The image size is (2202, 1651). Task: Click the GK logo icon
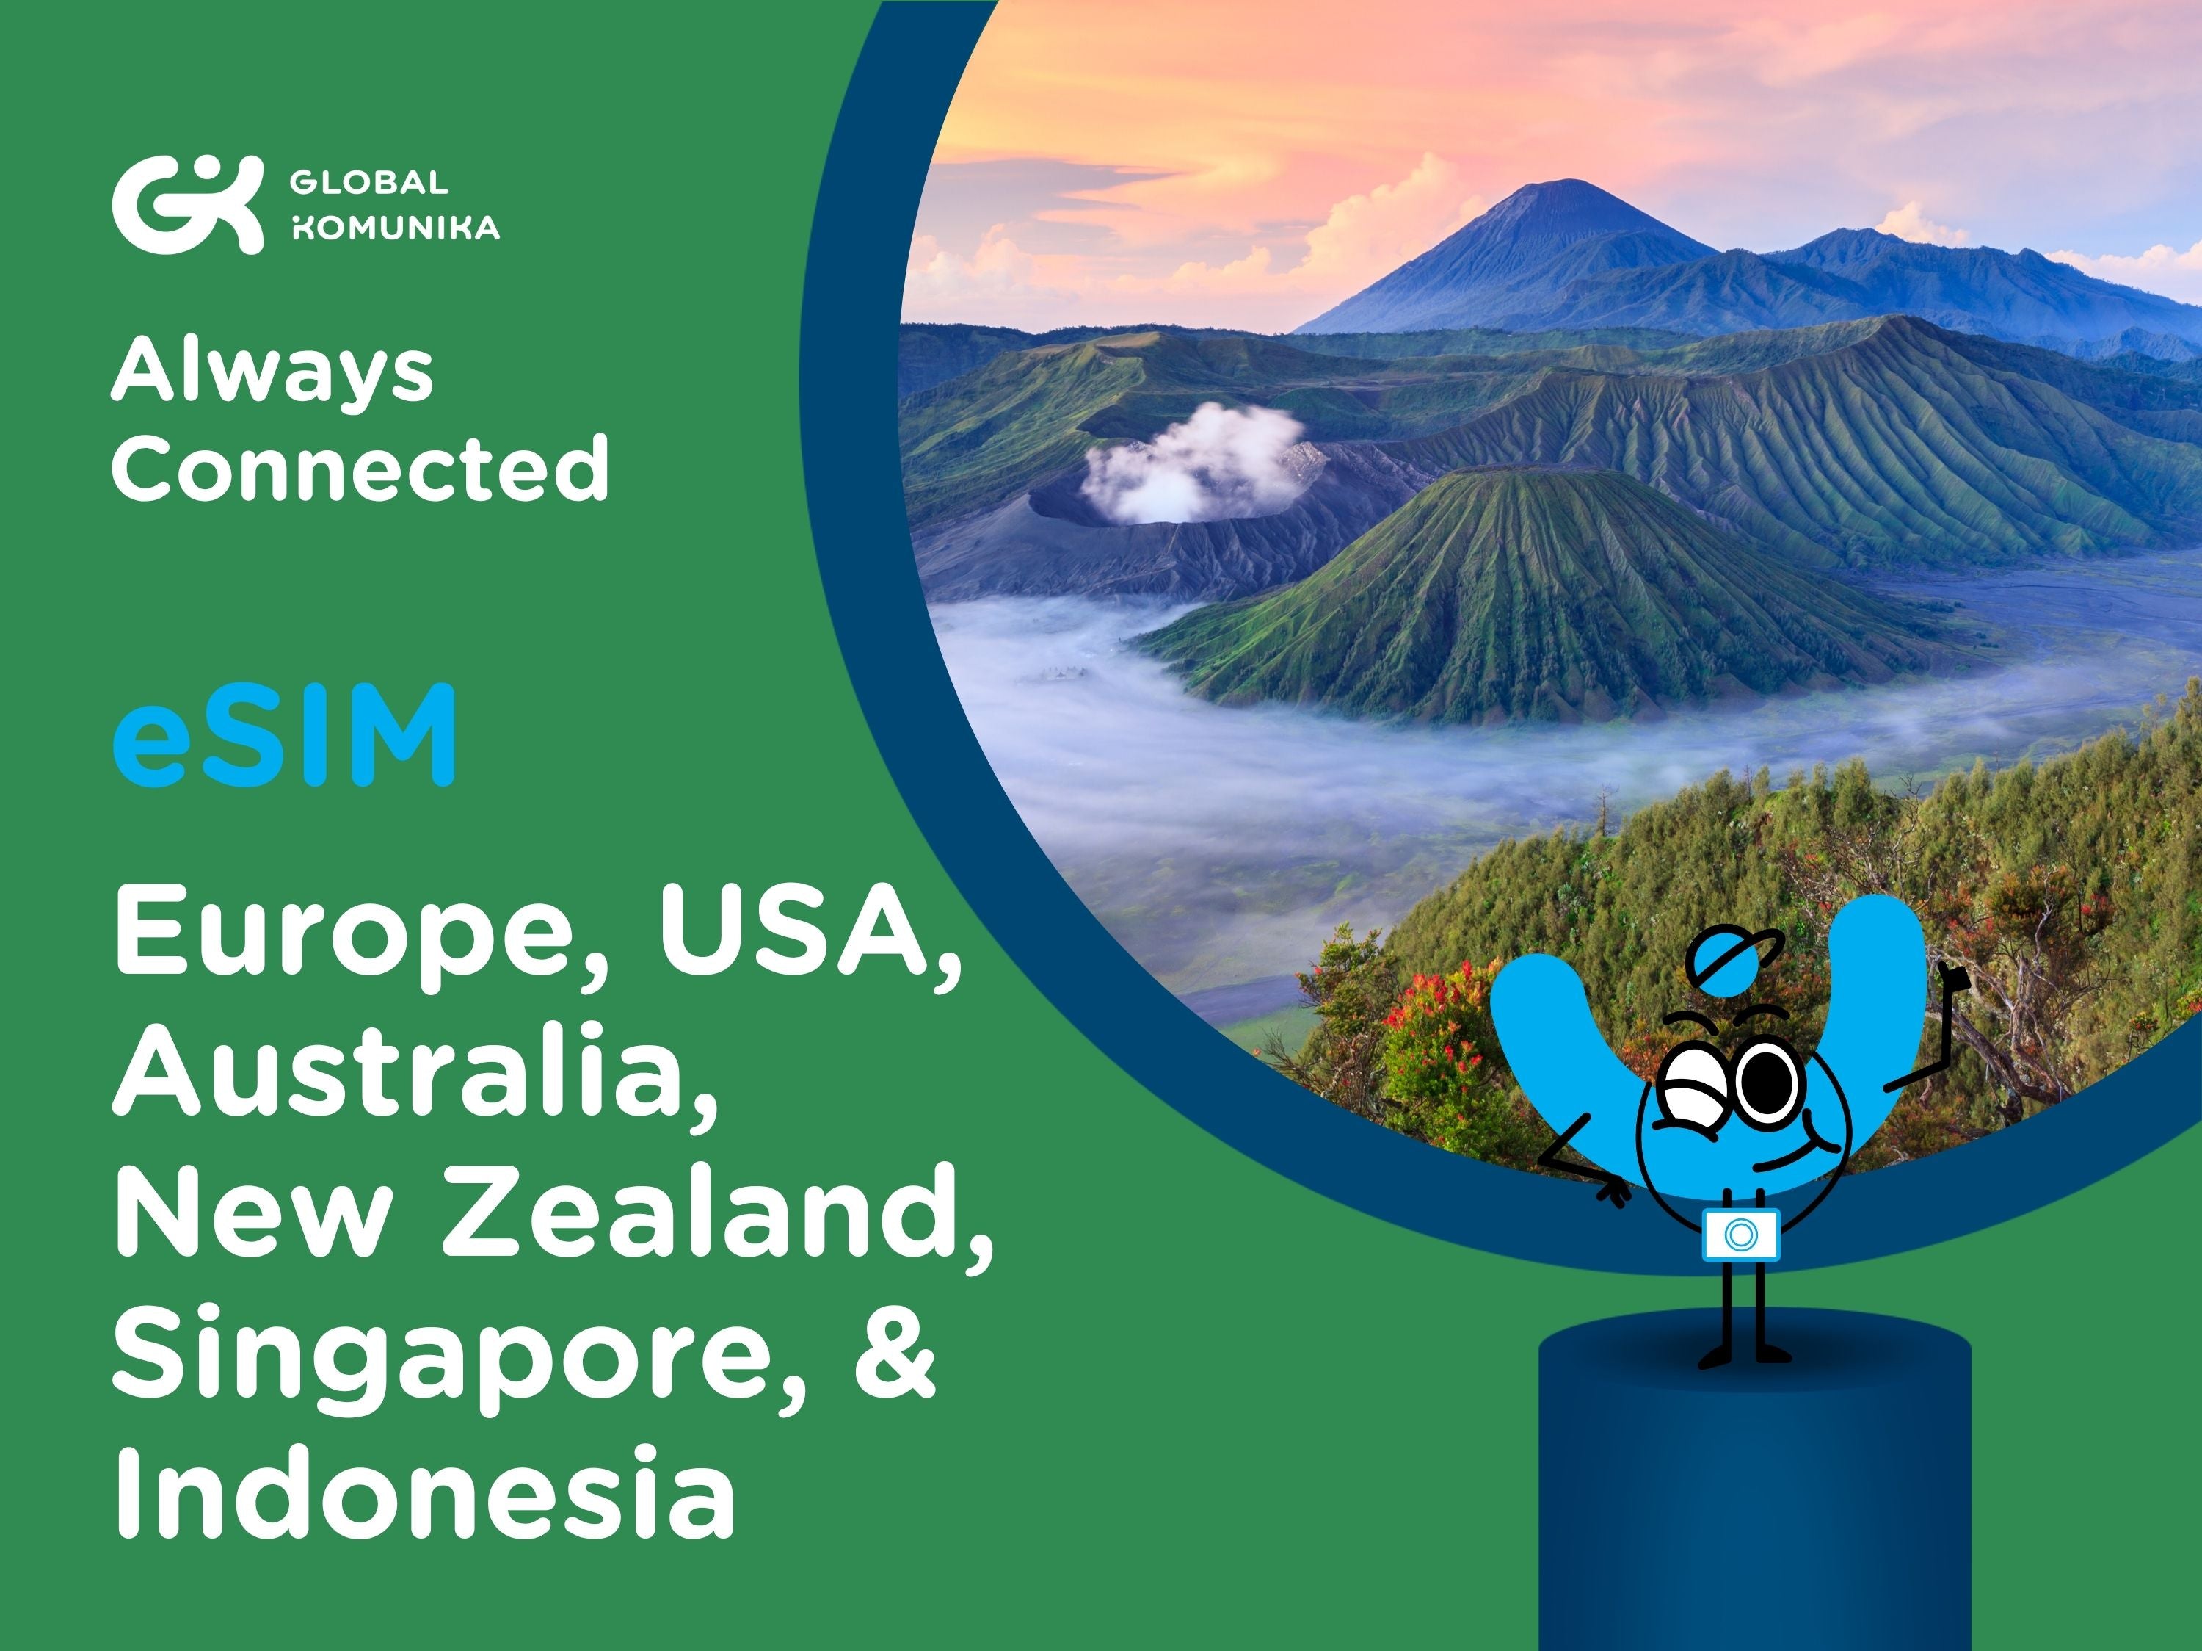point(187,204)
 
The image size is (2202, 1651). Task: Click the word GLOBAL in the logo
point(368,183)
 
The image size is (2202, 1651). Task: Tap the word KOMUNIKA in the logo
point(394,228)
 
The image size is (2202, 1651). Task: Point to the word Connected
point(360,467)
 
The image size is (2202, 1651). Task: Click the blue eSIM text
point(285,736)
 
